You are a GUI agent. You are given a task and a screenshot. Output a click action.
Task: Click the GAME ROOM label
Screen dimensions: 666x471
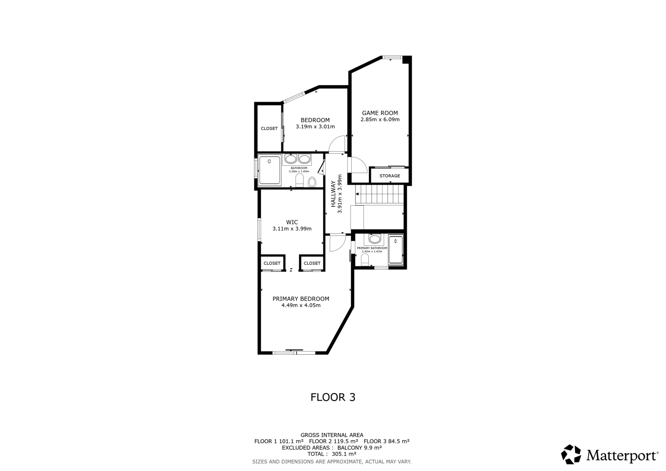(380, 113)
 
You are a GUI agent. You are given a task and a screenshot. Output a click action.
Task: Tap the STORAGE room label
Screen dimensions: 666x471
(390, 176)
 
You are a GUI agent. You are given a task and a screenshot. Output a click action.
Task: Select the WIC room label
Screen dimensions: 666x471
(292, 222)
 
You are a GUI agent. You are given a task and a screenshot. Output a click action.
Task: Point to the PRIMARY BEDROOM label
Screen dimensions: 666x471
(301, 299)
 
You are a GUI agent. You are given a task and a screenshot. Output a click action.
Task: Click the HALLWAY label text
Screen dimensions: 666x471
(333, 194)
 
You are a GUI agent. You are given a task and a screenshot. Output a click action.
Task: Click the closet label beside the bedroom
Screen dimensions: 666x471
(269, 129)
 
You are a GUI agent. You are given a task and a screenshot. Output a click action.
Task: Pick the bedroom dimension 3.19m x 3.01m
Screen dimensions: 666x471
(315, 127)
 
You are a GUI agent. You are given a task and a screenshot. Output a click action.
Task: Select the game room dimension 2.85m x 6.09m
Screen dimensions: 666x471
(380, 120)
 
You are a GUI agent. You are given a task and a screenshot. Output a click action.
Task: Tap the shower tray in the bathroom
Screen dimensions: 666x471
(269, 170)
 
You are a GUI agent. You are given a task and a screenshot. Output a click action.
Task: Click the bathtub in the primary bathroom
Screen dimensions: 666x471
(395, 249)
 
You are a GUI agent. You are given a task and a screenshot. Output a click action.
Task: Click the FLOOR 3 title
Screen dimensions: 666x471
(333, 397)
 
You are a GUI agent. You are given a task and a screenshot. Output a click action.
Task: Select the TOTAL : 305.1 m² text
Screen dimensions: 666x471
(332, 454)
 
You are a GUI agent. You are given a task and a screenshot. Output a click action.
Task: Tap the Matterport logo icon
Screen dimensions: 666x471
(571, 454)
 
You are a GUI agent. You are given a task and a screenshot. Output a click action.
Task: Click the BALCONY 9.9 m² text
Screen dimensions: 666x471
(360, 448)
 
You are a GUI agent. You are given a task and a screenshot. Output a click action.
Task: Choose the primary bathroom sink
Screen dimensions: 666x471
(375, 239)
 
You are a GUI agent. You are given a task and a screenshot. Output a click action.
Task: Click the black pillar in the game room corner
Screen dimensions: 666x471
(406, 60)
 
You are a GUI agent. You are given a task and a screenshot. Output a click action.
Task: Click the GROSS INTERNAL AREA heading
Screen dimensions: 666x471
(332, 435)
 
